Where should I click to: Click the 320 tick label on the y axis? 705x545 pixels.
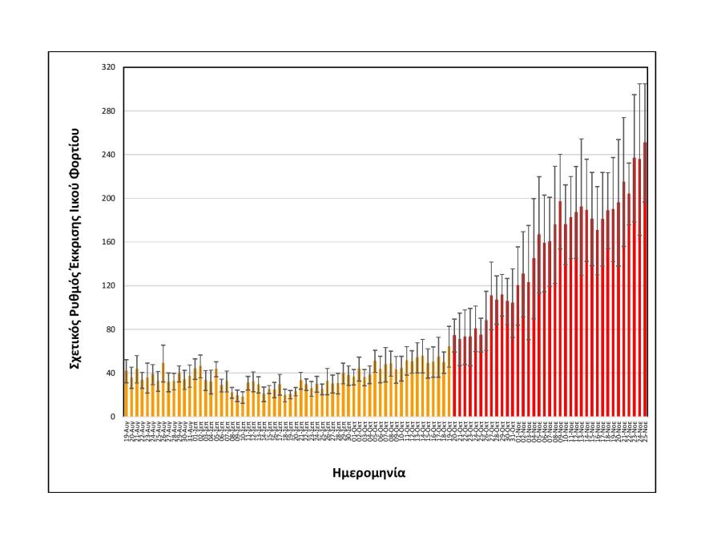coord(109,68)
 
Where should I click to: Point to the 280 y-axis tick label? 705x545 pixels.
coord(109,111)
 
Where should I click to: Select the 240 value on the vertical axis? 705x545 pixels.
coord(109,155)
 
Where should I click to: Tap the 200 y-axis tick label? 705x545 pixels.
coord(109,199)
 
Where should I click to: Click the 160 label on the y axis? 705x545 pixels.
coord(109,242)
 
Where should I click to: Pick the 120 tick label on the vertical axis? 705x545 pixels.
coord(109,286)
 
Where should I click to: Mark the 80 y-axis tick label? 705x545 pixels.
coord(111,329)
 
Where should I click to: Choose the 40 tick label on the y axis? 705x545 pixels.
coord(111,373)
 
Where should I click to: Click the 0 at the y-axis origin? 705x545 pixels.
coord(113,417)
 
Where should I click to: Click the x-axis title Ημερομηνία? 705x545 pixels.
coord(369,472)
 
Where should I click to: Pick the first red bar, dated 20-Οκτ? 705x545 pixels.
coord(454,377)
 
